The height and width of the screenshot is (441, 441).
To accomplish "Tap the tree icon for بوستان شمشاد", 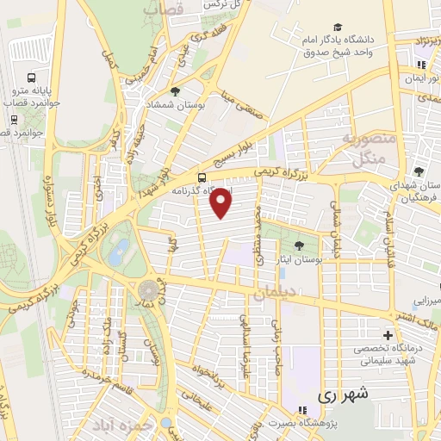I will tap(177, 91).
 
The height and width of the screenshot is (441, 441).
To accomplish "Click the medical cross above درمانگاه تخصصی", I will tap(388, 335).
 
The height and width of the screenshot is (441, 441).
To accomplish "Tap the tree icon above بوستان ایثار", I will tap(299, 245).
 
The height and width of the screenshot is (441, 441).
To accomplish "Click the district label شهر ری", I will tap(343, 395).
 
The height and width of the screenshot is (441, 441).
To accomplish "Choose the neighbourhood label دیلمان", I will tap(275, 293).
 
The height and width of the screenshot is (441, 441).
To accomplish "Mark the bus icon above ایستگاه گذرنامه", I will tap(202, 178).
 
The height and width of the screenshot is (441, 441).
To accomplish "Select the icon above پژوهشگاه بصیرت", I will tap(301, 410).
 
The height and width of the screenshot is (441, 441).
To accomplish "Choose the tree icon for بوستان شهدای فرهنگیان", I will tap(419, 171).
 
